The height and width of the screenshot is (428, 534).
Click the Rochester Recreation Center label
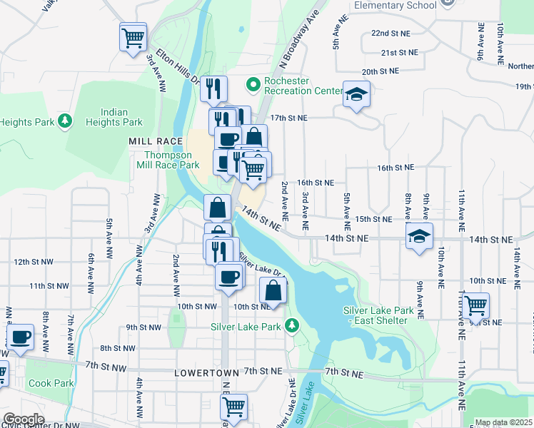point(303,86)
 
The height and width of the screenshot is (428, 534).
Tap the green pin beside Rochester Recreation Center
point(253,86)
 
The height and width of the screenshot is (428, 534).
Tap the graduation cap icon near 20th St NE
point(356,94)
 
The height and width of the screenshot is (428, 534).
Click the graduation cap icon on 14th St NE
point(419,235)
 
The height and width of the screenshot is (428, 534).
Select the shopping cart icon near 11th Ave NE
point(475,305)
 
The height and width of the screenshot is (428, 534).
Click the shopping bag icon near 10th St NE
point(273,290)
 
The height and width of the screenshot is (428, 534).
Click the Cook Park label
point(51,383)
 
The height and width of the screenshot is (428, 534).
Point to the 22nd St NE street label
point(391,34)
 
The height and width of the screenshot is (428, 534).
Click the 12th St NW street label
point(31,263)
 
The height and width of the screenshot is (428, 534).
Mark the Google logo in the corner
point(23,419)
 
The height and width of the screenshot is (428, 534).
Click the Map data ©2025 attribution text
point(503,422)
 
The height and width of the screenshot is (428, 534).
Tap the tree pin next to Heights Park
point(65,121)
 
